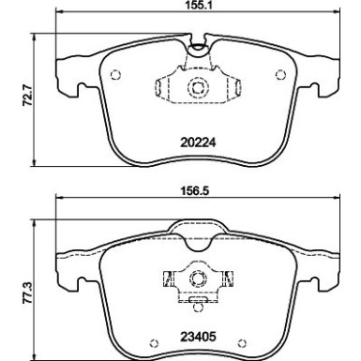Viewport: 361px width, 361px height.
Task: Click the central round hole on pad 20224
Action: click(x=198, y=90)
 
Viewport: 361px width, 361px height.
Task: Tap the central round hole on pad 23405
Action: click(x=198, y=278)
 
